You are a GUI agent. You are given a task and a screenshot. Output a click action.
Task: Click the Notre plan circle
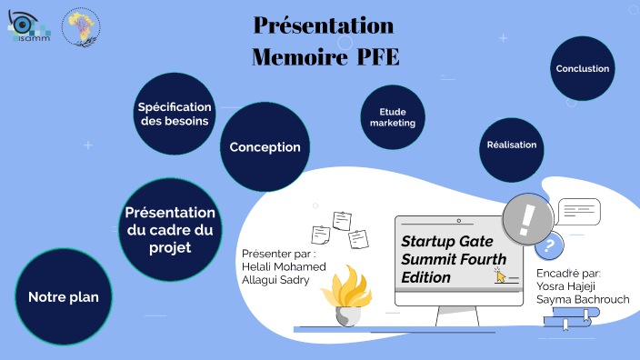tap(63, 296)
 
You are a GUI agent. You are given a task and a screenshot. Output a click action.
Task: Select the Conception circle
tap(265, 147)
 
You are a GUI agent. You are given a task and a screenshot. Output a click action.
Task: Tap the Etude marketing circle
tap(393, 117)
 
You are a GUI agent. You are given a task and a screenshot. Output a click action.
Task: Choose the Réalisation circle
tap(512, 145)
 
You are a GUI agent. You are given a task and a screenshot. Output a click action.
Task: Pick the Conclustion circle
tap(583, 69)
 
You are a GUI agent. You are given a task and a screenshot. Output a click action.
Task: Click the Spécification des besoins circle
tap(175, 114)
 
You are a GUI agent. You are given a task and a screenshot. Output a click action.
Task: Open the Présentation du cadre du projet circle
tap(170, 229)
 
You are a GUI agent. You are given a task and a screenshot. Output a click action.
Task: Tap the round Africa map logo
tap(81, 26)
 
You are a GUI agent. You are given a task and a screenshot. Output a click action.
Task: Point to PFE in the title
tap(374, 57)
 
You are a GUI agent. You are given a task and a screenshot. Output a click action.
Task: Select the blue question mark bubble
tap(547, 245)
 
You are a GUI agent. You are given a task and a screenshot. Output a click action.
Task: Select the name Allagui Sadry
tap(275, 280)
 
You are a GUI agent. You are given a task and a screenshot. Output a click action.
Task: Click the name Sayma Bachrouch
tap(582, 299)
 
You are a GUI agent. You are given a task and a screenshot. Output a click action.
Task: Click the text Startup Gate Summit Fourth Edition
tap(447, 258)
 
